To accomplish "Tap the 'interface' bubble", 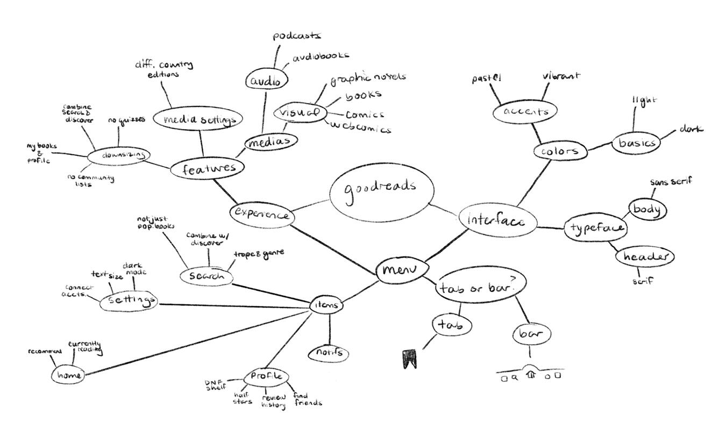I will pos(497,220).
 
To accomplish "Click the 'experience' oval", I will pos(262,214).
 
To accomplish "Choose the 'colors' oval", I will pos(559,151).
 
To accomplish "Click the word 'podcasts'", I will pos(297,36).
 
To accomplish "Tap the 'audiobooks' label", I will pos(321,55).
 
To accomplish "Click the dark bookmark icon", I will pos(409,359).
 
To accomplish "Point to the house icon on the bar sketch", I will pos(531,374).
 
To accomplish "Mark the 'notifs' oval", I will pos(329,353).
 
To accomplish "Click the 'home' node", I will pos(68,375).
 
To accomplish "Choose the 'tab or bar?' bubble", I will pos(480,287).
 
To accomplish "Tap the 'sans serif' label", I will pos(671,182).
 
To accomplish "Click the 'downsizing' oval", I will pos(117,155).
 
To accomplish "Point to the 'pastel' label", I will pos(486,79).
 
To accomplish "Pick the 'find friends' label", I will pos(308,399).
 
